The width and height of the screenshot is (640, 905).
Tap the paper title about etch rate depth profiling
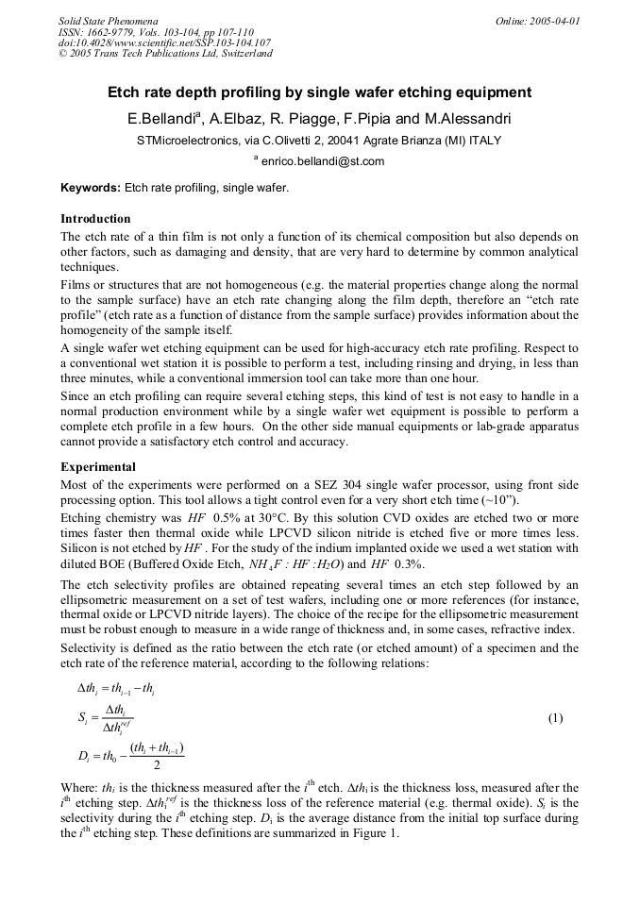coord(319,92)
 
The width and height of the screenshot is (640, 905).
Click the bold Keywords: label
coord(91,188)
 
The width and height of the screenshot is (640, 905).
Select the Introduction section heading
coord(95,219)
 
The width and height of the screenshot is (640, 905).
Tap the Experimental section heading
coord(98,467)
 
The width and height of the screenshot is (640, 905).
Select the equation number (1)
coord(555,718)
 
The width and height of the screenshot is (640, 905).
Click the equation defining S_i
coord(106,718)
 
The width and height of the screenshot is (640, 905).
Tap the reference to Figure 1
coord(373,834)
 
